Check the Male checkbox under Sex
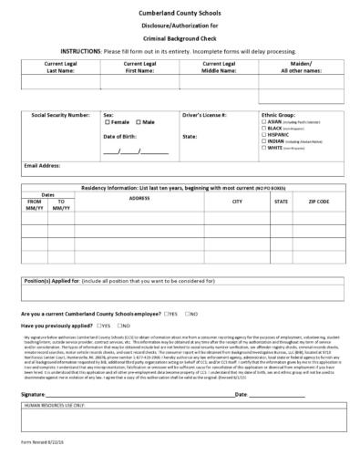[x=137, y=122]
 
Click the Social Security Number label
[x=60, y=115]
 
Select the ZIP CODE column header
[x=318, y=201]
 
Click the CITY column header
[x=237, y=201]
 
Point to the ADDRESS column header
[x=139, y=198]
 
